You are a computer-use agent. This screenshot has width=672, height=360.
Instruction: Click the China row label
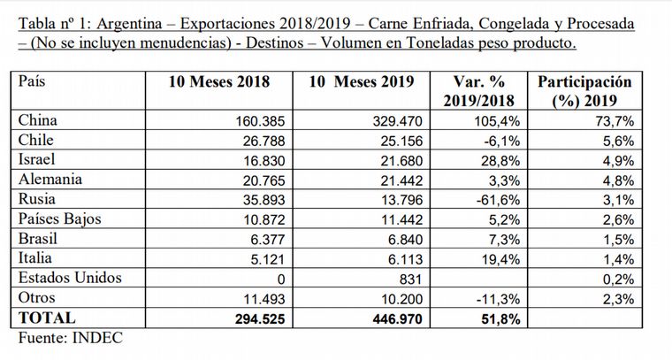pos(38,120)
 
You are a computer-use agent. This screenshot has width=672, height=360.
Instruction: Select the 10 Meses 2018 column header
pos(219,81)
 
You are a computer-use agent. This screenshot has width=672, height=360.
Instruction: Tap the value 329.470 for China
pos(397,121)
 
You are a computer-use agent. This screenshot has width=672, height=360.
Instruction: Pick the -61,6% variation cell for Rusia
pos(498,200)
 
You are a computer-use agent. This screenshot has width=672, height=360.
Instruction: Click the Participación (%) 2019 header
pos(584,91)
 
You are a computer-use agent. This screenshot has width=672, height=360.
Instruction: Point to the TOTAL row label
pos(47,318)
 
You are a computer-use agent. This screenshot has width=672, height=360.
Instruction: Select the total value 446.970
pos(397,319)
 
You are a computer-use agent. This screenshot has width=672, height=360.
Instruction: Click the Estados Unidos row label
pos(70,278)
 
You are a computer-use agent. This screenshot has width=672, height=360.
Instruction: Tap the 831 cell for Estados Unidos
pos(410,280)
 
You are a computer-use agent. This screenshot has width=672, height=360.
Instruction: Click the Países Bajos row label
pos(59,219)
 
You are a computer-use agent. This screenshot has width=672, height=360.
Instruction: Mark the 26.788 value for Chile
pos(263,141)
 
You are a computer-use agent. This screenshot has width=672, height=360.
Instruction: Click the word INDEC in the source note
pos(98,338)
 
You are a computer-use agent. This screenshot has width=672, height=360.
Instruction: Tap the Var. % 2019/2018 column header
pos(478,91)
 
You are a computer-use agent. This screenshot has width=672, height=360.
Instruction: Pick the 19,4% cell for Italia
pos(501,259)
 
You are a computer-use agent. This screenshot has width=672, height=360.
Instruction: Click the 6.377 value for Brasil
pos(268,240)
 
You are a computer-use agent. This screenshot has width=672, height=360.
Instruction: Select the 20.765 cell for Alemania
pos(263,180)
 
